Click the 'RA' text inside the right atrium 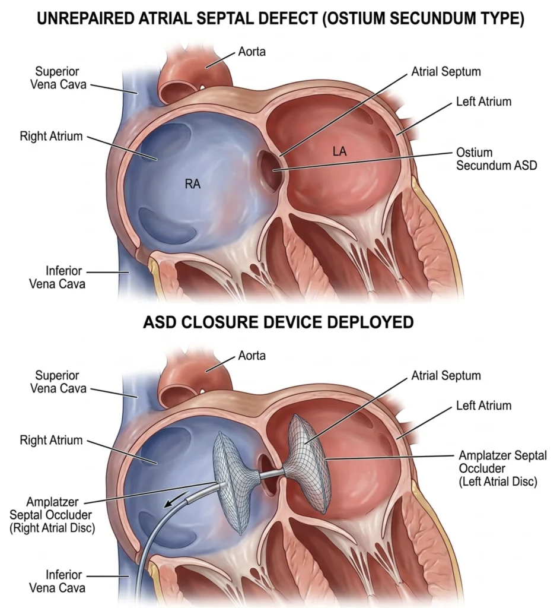point(192,184)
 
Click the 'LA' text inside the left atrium point(339,153)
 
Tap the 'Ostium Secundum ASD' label point(496,159)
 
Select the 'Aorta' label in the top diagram point(252,52)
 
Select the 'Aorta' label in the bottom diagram point(252,356)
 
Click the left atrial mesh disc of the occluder point(308,463)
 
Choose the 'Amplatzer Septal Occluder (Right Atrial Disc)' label point(53,514)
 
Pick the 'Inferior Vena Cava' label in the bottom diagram point(57,581)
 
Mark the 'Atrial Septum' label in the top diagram point(445,72)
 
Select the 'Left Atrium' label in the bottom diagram point(483,406)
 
